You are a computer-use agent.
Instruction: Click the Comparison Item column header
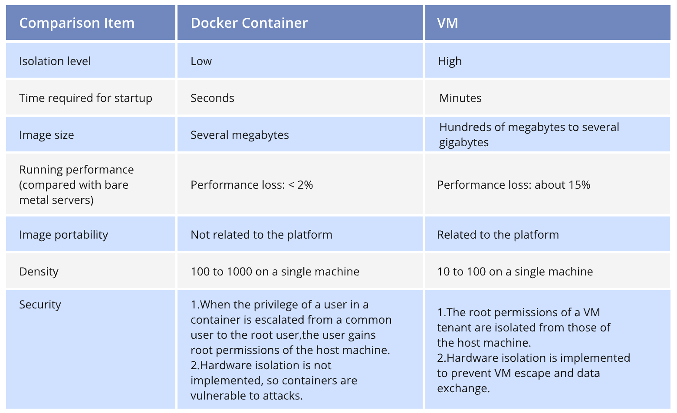coord(77,23)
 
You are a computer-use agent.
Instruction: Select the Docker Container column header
coord(249,23)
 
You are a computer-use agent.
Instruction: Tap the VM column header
coord(447,23)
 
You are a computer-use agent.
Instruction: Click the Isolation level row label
coord(55,61)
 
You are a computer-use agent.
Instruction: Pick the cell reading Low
coord(201,61)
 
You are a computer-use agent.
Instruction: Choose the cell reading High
coord(450,61)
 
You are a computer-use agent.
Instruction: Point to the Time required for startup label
coord(85,98)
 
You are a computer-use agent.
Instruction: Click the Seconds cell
coord(212,98)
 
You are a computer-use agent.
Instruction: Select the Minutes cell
coord(460,98)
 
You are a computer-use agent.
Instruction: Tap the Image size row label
coord(46,135)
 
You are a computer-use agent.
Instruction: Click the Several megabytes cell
coord(240,135)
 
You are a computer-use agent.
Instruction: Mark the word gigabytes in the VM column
coord(463,143)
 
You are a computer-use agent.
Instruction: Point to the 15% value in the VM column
coord(579,185)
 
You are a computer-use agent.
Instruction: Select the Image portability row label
coord(63,235)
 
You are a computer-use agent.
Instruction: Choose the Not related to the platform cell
coord(261,235)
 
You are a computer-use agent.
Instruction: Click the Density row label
coord(39,272)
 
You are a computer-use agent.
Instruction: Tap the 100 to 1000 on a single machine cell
coord(275,272)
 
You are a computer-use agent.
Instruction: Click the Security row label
coord(40,305)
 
